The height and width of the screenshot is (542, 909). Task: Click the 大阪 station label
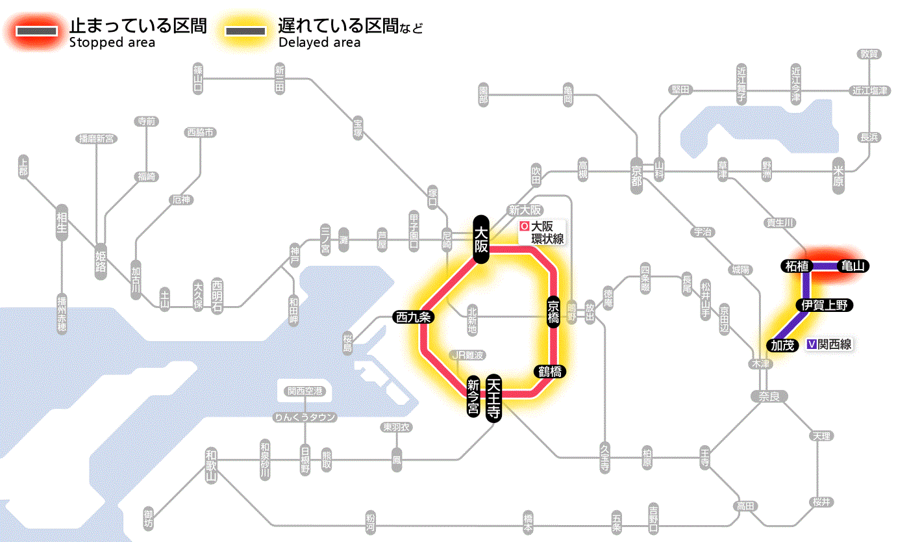click(480, 239)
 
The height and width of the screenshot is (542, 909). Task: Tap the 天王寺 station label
click(494, 399)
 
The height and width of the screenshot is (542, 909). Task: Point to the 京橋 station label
click(553, 312)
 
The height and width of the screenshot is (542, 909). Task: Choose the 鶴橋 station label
click(549, 372)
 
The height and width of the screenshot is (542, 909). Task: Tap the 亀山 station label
click(853, 266)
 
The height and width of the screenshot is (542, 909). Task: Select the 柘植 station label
click(796, 266)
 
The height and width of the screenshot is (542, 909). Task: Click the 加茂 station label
click(782, 345)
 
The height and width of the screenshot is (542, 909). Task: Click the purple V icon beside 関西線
click(811, 345)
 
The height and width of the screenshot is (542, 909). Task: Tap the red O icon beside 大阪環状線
click(524, 227)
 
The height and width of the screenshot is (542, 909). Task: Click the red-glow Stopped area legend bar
click(39, 31)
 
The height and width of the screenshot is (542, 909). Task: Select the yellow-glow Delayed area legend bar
click(245, 31)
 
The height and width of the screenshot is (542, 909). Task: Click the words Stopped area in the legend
click(112, 43)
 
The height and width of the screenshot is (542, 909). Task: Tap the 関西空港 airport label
click(305, 391)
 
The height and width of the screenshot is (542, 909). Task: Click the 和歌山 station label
click(210, 464)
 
